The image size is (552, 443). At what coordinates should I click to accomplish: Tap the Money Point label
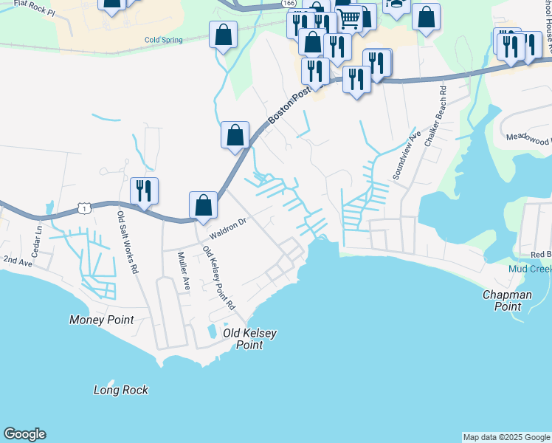click(x=102, y=320)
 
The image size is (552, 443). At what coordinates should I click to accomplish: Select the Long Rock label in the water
click(x=121, y=390)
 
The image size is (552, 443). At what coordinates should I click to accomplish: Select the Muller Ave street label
click(x=184, y=270)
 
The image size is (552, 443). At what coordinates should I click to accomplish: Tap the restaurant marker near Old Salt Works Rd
click(x=144, y=190)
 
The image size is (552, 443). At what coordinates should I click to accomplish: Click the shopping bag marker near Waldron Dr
click(x=203, y=205)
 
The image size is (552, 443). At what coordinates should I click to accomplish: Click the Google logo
click(x=24, y=434)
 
